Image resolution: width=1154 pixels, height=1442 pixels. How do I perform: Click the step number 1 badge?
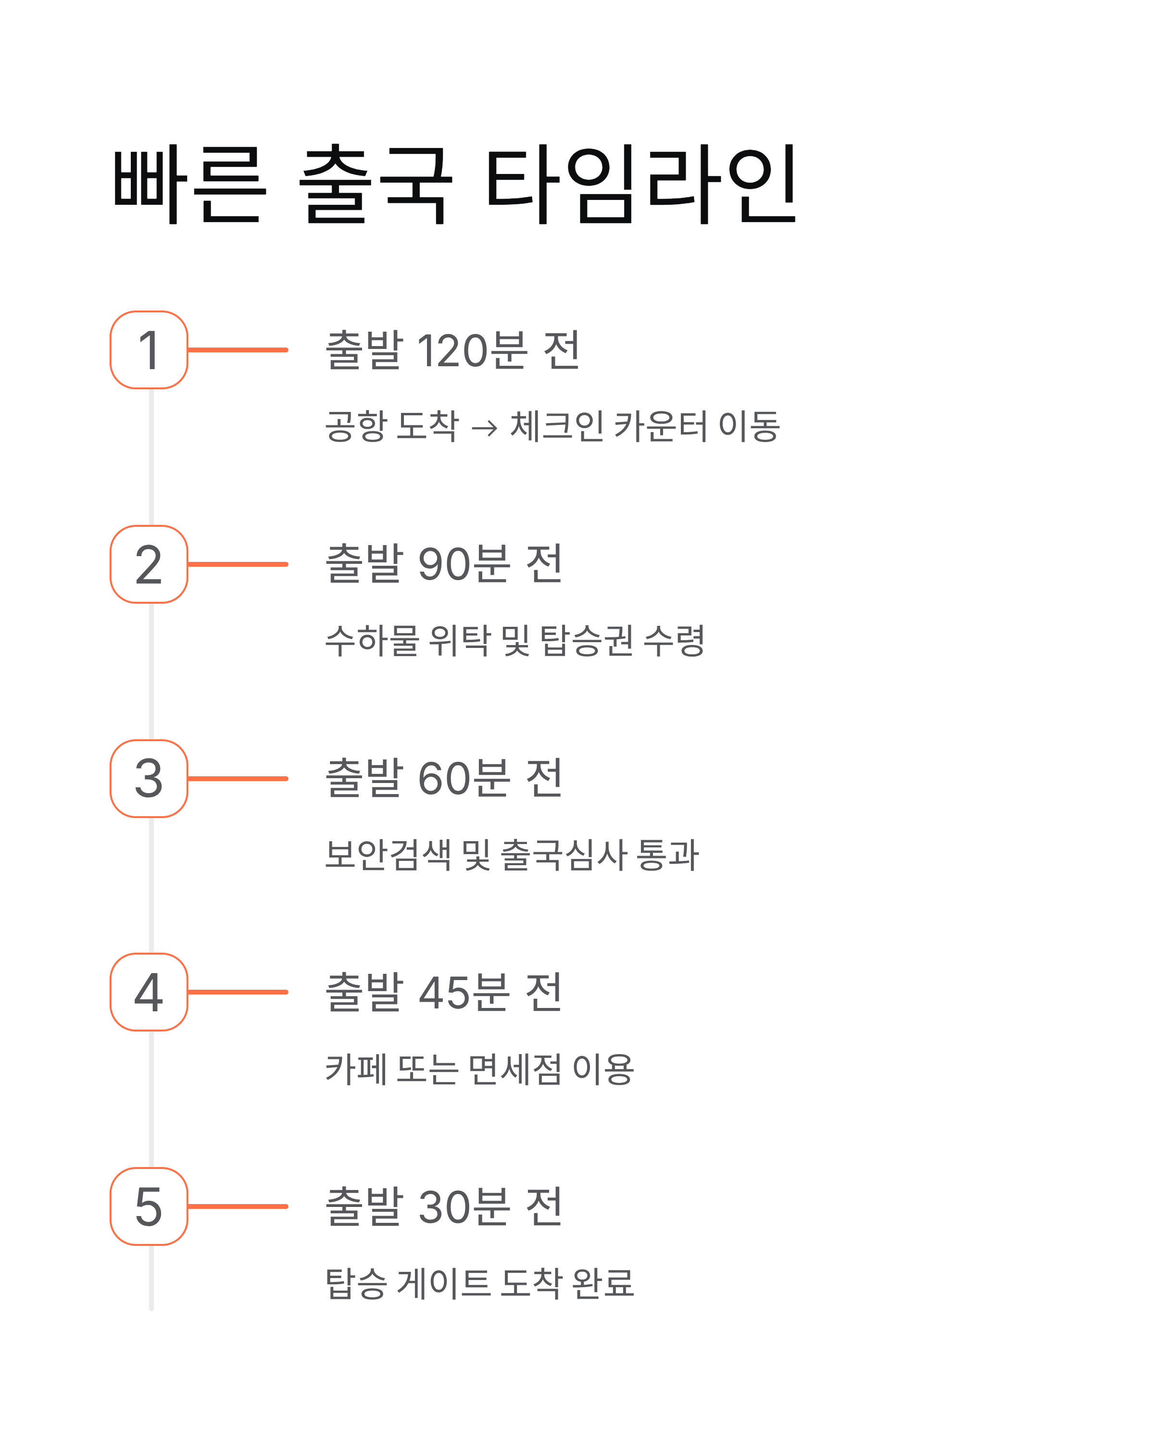coord(149,350)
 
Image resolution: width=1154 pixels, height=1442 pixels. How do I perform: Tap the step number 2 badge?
coord(149,564)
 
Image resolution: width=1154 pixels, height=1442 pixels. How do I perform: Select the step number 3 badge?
coord(149,779)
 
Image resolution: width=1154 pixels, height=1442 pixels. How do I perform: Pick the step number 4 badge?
coord(149,992)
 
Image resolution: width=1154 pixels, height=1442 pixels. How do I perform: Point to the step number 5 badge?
coord(149,1206)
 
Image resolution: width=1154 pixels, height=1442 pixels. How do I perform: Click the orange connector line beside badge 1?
coord(238,350)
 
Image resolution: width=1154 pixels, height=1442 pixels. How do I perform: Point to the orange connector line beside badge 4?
coord(238,992)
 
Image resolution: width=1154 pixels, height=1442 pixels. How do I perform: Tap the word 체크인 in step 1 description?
coord(557,426)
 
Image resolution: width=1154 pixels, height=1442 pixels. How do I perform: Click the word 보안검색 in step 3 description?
coord(388,855)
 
